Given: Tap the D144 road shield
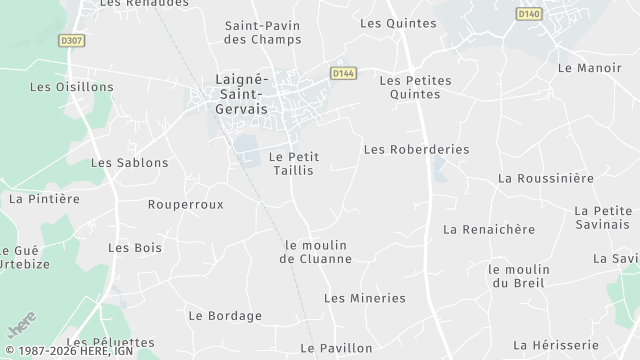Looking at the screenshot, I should pyautogui.click(x=344, y=73).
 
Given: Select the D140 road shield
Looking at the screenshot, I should pyautogui.click(x=529, y=13).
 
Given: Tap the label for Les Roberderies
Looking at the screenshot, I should pyautogui.click(x=416, y=149).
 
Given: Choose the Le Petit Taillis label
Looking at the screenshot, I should pyautogui.click(x=293, y=164).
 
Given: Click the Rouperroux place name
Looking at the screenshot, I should pyautogui.click(x=185, y=204).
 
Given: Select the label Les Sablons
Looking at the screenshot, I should pyautogui.click(x=130, y=162).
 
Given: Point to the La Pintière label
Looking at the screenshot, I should pyautogui.click(x=43, y=198).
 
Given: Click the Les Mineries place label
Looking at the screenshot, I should pyautogui.click(x=365, y=298).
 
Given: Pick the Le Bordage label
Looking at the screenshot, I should pyautogui.click(x=225, y=316).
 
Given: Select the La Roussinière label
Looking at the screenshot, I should pyautogui.click(x=545, y=178).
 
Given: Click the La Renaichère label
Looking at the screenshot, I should pyautogui.click(x=489, y=229).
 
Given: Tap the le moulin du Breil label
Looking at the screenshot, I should pyautogui.click(x=519, y=276).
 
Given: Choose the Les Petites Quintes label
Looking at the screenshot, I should pyautogui.click(x=416, y=88).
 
